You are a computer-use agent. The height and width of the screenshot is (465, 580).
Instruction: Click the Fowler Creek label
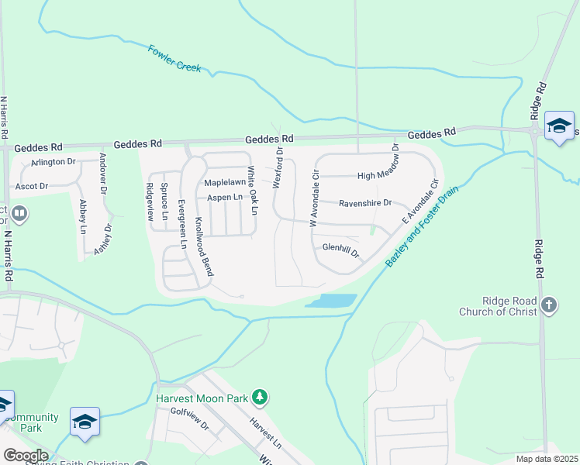pyautogui.click(x=174, y=58)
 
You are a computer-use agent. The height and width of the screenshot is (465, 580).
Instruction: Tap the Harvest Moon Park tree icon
pyautogui.click(x=261, y=398)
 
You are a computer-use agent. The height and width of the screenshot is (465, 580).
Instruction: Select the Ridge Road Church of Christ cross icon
pyautogui.click(x=549, y=304)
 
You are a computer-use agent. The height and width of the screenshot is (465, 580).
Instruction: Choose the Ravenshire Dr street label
pyautogui.click(x=368, y=204)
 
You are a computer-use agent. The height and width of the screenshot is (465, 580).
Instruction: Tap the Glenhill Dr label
pyautogui.click(x=341, y=249)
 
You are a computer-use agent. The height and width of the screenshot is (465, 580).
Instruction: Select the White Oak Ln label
pyautogui.click(x=252, y=190)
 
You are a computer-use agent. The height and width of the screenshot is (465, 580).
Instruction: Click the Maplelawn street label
pyautogui.click(x=224, y=182)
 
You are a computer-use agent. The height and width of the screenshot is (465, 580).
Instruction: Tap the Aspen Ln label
pyautogui.click(x=224, y=198)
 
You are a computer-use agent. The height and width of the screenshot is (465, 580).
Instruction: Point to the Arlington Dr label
pyautogui.click(x=53, y=162)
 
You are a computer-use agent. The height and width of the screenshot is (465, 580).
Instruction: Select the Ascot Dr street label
pyautogui.click(x=32, y=187)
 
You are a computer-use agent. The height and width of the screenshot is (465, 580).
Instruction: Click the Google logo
pyautogui.click(x=25, y=456)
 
